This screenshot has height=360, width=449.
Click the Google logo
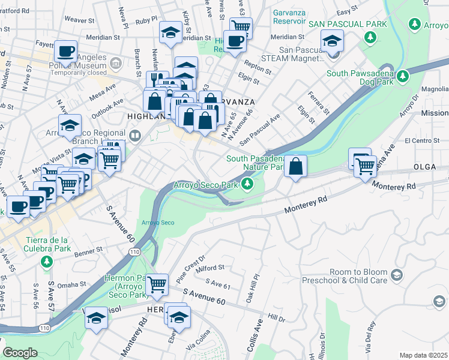click(20, 353)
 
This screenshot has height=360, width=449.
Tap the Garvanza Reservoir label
click(289, 16)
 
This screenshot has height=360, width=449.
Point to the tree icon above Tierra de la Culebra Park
click(46, 262)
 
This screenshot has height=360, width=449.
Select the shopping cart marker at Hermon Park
click(157, 284)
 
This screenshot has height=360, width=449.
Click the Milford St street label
click(210, 268)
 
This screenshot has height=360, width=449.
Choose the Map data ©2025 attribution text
click(423, 355)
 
